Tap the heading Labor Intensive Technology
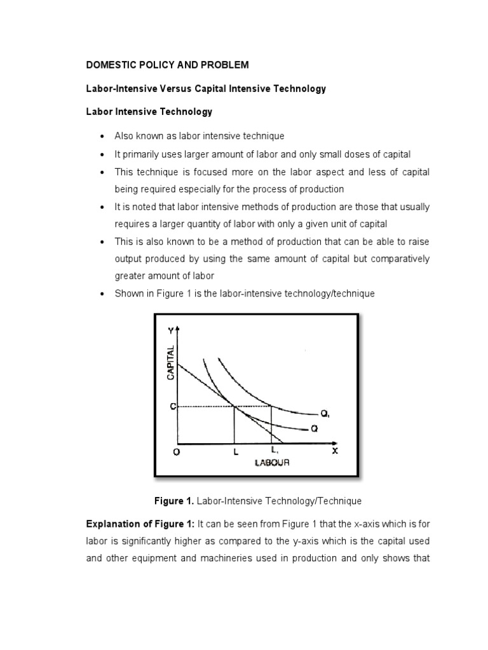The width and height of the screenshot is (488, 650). click(x=149, y=112)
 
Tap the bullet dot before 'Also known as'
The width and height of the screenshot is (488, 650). click(x=102, y=136)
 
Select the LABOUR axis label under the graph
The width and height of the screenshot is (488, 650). click(x=272, y=463)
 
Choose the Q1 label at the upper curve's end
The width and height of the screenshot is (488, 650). click(x=325, y=414)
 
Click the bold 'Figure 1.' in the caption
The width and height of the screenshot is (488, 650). click(x=174, y=501)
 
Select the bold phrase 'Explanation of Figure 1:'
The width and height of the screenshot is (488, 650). click(x=140, y=523)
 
